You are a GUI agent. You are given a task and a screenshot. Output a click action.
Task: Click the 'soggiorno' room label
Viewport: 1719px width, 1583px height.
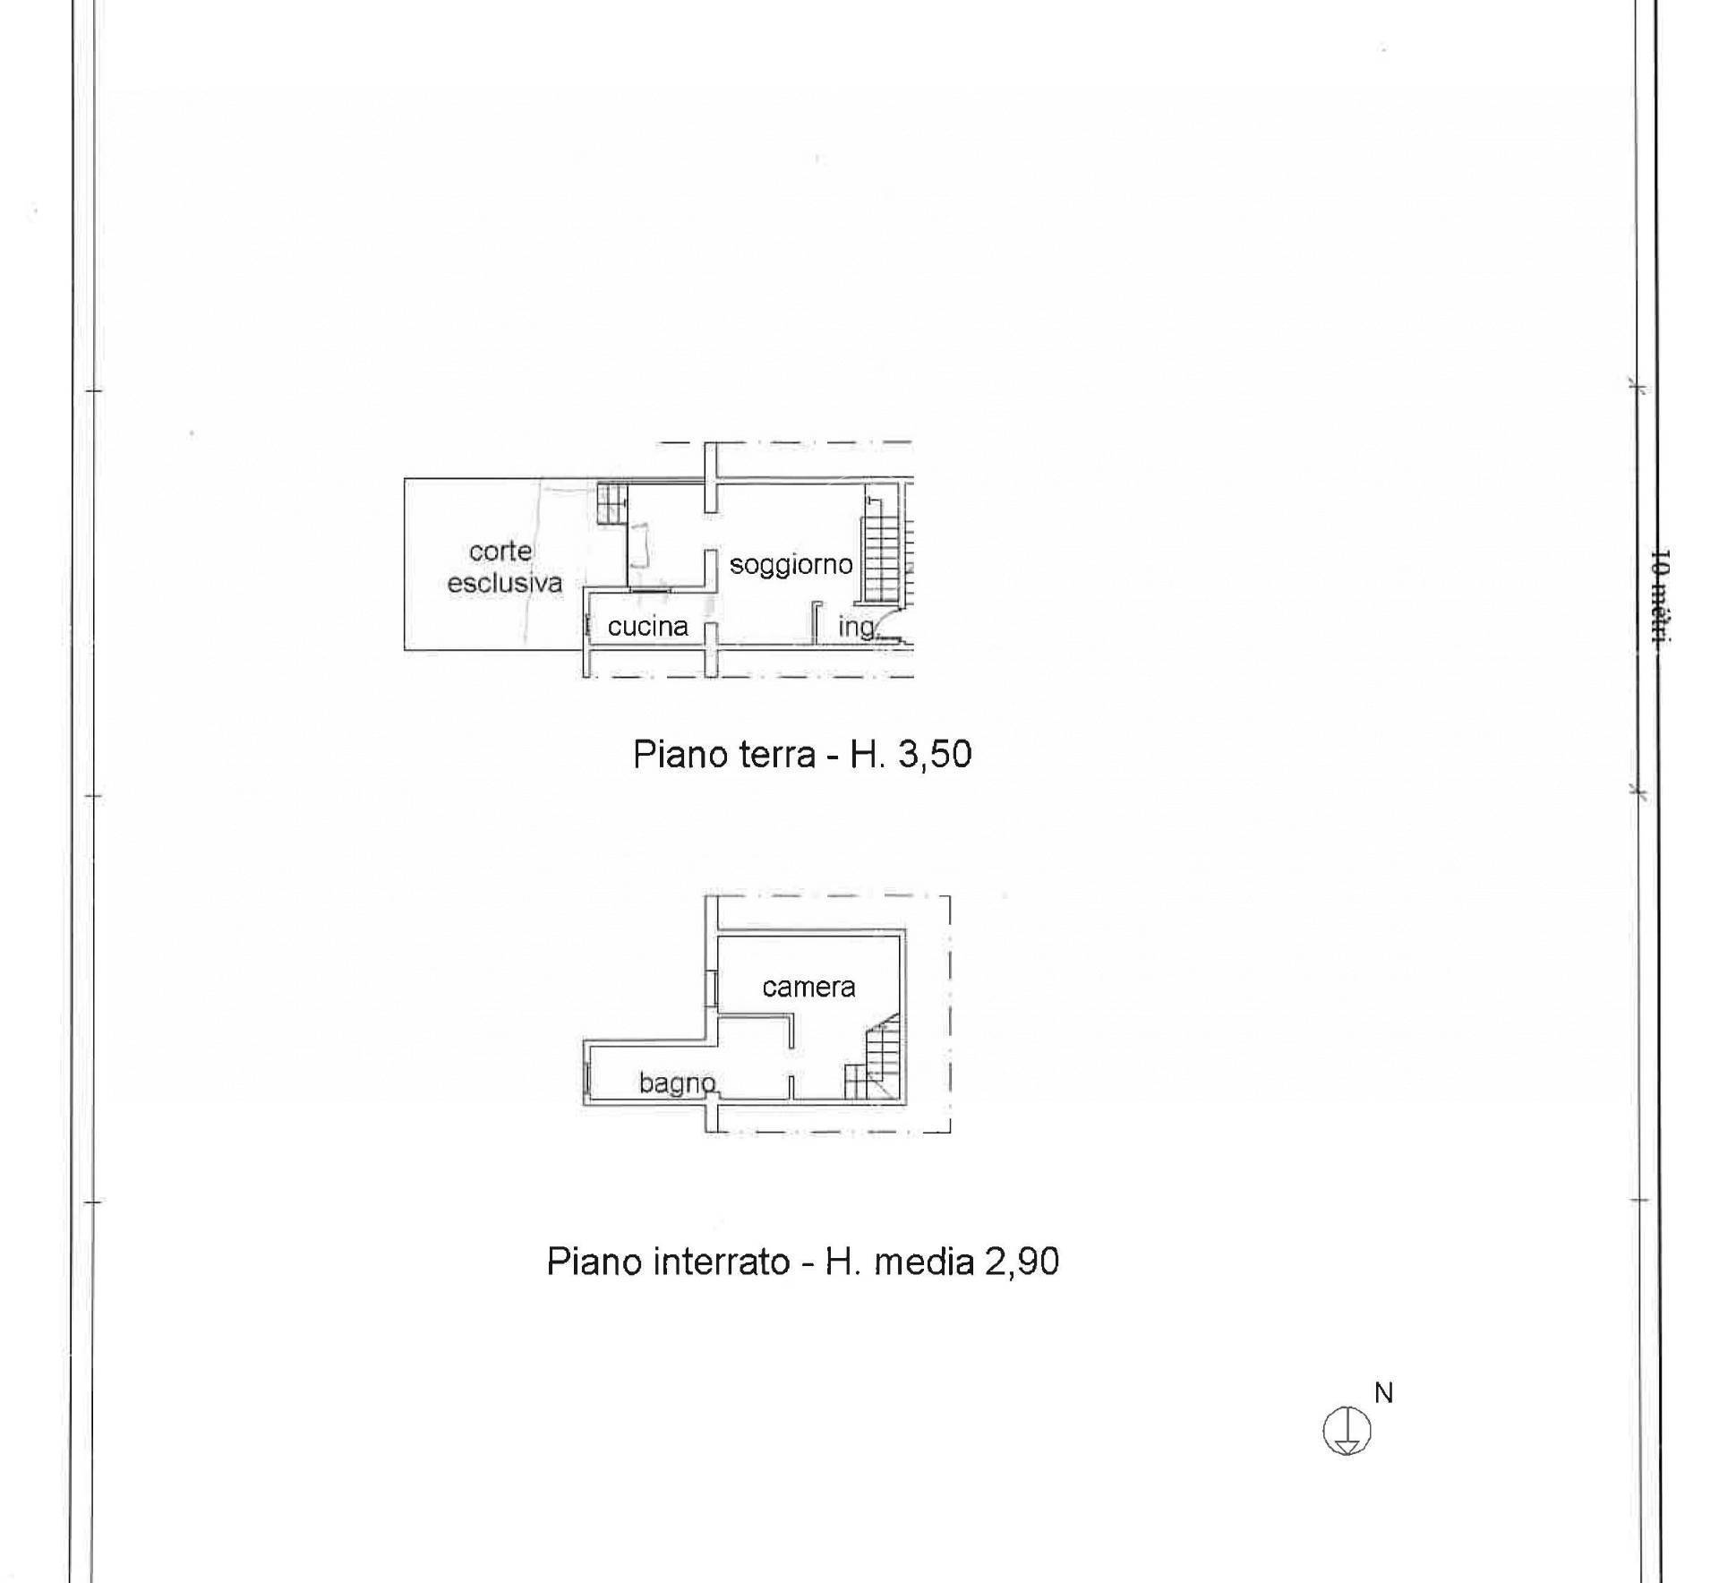(x=791, y=566)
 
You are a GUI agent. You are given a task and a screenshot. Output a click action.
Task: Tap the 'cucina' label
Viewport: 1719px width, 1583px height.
(x=647, y=627)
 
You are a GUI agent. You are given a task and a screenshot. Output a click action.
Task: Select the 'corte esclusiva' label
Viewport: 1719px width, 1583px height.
(x=504, y=567)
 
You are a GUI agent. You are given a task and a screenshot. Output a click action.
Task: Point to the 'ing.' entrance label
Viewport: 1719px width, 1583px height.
(x=857, y=628)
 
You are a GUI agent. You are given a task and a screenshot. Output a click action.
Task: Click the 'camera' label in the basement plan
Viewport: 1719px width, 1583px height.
(x=808, y=987)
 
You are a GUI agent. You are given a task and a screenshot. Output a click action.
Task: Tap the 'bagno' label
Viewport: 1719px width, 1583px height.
(x=678, y=1083)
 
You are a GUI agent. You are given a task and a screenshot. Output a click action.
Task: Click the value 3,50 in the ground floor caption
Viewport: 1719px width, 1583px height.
(x=934, y=754)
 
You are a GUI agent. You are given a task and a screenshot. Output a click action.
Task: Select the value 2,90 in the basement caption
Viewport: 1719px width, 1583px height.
(x=1022, y=1262)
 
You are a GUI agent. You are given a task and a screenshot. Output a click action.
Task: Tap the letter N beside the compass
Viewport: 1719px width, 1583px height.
(x=1383, y=1393)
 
